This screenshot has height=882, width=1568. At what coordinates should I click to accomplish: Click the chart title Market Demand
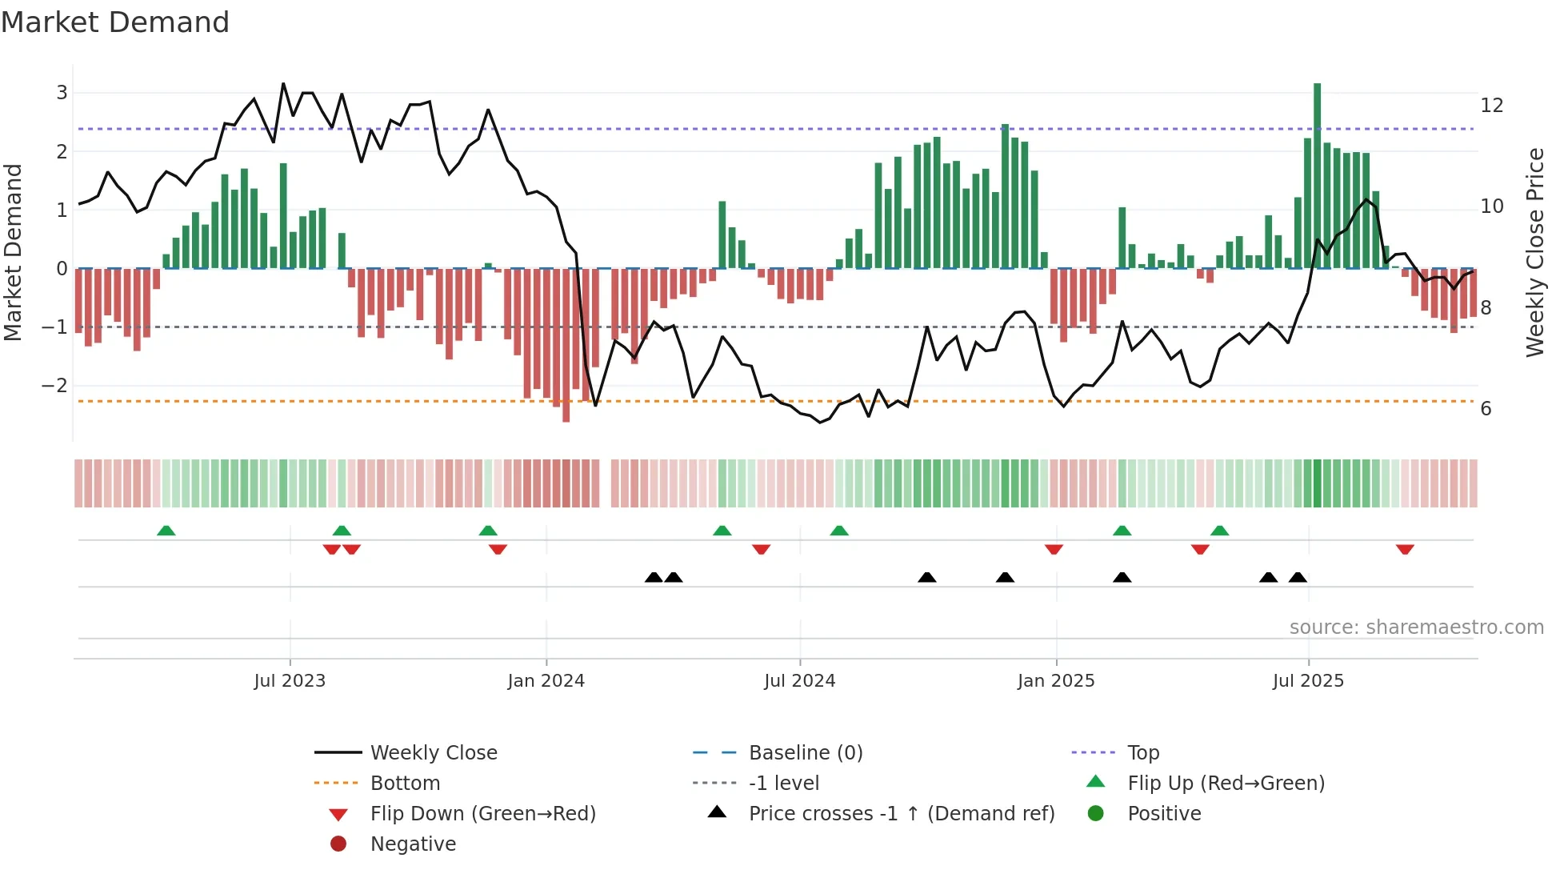[x=115, y=22]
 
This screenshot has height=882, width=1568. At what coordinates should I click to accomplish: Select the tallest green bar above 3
[x=1317, y=176]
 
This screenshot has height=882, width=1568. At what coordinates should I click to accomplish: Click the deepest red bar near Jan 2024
[x=566, y=344]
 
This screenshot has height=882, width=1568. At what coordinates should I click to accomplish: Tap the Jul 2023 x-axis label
[x=290, y=681]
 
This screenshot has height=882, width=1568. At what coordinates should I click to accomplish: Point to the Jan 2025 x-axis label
[x=1056, y=681]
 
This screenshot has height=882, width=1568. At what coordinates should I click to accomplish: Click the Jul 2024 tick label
[x=799, y=681]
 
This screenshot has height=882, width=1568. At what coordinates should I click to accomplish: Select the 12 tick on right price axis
[x=1491, y=106]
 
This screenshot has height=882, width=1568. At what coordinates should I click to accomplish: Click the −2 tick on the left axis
[x=55, y=386]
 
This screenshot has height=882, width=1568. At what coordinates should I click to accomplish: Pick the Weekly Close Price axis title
[x=1534, y=252]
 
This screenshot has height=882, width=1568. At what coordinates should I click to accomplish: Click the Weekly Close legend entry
[x=433, y=753]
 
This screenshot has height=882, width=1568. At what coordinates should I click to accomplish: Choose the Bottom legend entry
[x=405, y=784]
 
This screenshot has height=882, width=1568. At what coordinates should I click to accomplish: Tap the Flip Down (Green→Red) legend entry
[x=482, y=814]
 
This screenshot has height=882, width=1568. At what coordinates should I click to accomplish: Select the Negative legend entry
[x=413, y=844]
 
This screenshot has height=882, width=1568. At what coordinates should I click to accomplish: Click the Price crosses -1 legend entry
[x=901, y=814]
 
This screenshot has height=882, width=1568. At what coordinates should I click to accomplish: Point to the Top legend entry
[x=1142, y=753]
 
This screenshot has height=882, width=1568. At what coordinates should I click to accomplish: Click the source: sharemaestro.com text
[x=1416, y=627]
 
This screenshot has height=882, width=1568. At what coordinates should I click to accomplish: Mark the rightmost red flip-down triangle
[x=1405, y=549]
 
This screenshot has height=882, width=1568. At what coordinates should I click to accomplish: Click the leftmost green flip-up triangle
[x=166, y=531]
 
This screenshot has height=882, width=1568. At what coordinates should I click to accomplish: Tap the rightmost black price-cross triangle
[x=1298, y=578]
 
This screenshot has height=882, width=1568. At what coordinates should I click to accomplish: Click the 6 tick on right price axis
[x=1486, y=409]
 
